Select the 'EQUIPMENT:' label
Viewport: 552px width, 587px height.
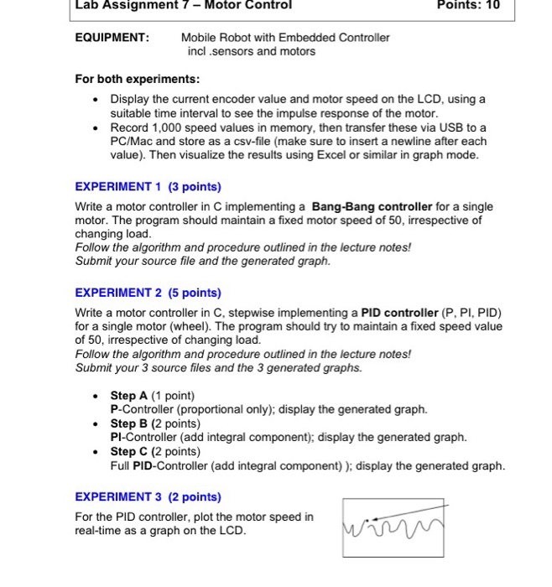click(112, 38)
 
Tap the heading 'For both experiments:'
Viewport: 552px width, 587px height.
click(138, 79)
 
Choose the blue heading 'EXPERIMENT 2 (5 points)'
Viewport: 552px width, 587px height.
click(148, 293)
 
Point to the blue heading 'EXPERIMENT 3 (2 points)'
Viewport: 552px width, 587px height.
click(148, 496)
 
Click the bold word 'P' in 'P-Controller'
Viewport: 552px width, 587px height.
click(114, 409)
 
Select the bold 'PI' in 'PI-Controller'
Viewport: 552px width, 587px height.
click(117, 437)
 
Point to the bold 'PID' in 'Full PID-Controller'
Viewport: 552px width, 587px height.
click(148, 465)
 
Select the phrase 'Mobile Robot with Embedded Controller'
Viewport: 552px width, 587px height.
click(285, 38)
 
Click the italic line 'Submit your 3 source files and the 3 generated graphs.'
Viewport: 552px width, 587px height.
click(219, 367)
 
